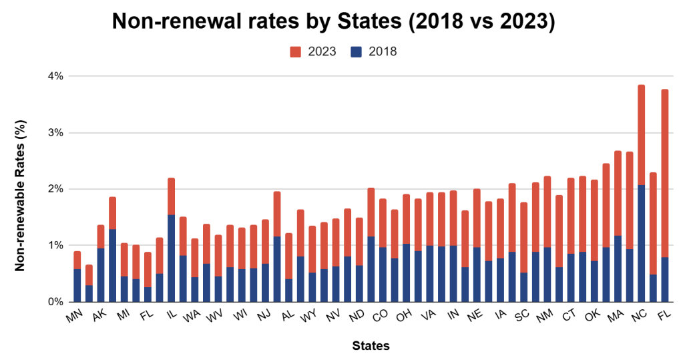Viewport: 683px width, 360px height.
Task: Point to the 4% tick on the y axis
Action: coord(54,76)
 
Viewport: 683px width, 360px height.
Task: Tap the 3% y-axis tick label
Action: coord(54,132)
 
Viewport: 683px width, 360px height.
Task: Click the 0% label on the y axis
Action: coord(54,301)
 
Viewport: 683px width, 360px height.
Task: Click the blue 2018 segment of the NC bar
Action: coord(641,243)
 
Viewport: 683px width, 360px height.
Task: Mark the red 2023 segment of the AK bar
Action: coord(112,213)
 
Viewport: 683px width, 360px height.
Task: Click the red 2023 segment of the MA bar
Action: coord(618,193)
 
